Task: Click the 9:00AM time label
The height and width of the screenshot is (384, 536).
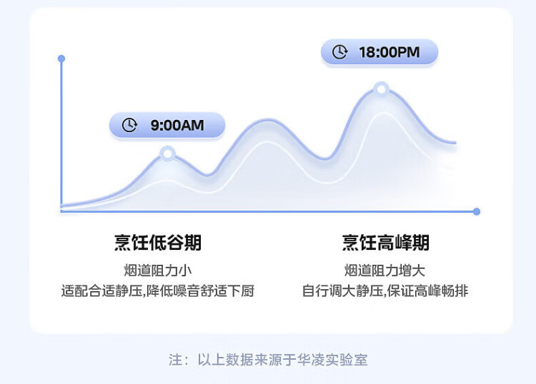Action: pos(177,126)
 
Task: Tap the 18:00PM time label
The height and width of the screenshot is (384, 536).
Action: pos(389,51)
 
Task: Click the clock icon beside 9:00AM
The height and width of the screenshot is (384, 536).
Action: pos(129,125)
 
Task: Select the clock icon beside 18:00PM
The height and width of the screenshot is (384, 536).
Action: pos(341,51)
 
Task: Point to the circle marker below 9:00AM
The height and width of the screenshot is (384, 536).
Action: pos(167,153)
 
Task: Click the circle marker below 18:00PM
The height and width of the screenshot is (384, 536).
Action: pos(381,89)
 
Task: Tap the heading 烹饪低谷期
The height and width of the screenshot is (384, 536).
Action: pos(158,243)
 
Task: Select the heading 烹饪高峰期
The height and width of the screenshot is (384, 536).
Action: pos(386,243)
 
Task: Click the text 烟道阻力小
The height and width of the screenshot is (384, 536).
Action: pos(158,271)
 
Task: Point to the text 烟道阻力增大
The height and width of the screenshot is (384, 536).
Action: pos(386,271)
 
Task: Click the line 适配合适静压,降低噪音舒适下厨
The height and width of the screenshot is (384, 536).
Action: pos(158,291)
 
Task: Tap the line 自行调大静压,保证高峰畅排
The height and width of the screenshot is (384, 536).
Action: pos(386,291)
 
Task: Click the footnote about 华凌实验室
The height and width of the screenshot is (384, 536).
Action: pos(268,359)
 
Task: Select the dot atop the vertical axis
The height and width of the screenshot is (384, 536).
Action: pos(61,59)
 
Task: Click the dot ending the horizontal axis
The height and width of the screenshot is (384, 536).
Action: pos(477,211)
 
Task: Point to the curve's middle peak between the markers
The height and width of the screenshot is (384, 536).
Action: pos(267,122)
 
